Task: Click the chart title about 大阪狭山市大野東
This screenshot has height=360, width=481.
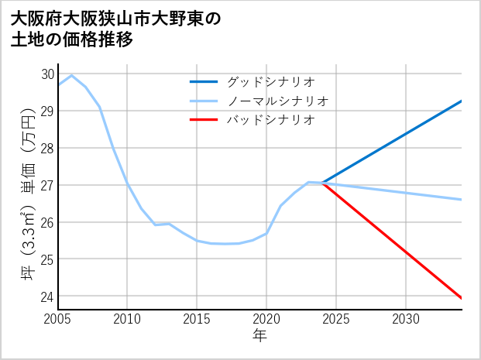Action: (116, 29)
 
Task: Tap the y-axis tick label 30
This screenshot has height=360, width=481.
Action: (46, 74)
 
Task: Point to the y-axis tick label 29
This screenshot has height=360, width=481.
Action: (46, 111)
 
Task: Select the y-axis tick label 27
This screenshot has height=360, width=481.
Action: (46, 186)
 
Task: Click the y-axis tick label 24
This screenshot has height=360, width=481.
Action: (46, 297)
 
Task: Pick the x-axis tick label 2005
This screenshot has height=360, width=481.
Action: (58, 319)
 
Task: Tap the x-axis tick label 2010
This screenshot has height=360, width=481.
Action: (127, 319)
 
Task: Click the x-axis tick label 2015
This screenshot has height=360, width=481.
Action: (197, 319)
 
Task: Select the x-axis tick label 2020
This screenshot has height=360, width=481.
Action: (266, 319)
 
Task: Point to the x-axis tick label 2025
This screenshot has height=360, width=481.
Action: (336, 319)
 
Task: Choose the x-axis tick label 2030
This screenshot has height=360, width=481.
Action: (406, 319)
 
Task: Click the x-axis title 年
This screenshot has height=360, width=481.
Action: (259, 335)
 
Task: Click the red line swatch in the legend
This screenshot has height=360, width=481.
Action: (204, 120)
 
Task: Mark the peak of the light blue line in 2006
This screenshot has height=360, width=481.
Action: (72, 75)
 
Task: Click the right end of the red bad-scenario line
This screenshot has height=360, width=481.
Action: (462, 298)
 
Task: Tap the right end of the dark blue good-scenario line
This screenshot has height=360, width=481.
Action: (462, 101)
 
